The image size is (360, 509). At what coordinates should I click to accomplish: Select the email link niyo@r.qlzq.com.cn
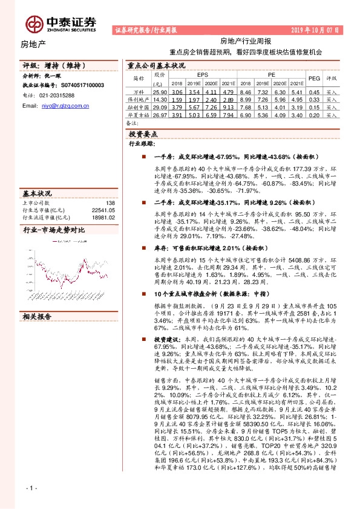[x=65, y=105]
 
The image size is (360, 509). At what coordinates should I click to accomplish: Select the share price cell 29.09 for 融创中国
[x=159, y=106]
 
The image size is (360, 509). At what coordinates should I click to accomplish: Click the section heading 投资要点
[x=143, y=134]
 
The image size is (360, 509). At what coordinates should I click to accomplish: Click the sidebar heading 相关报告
[x=38, y=317]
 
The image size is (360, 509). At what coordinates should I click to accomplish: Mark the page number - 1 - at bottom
[x=31, y=487]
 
